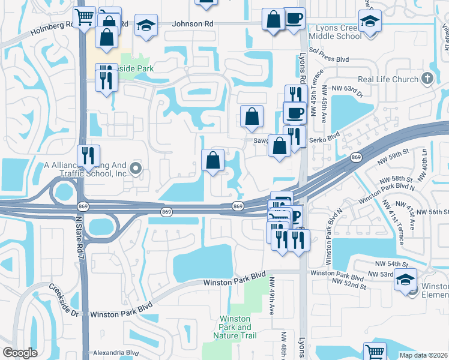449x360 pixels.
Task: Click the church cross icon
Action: click(x=427, y=78)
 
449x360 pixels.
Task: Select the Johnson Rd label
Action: click(x=193, y=24)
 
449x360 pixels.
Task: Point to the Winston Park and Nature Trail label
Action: click(x=235, y=327)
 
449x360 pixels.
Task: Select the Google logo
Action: click(x=20, y=353)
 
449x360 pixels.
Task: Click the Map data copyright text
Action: click(x=424, y=355)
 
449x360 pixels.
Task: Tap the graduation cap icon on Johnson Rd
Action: click(x=146, y=26)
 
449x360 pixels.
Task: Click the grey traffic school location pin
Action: click(x=137, y=169)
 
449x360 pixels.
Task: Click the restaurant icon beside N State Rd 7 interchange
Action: click(x=88, y=156)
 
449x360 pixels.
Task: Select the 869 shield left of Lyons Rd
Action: click(x=238, y=206)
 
